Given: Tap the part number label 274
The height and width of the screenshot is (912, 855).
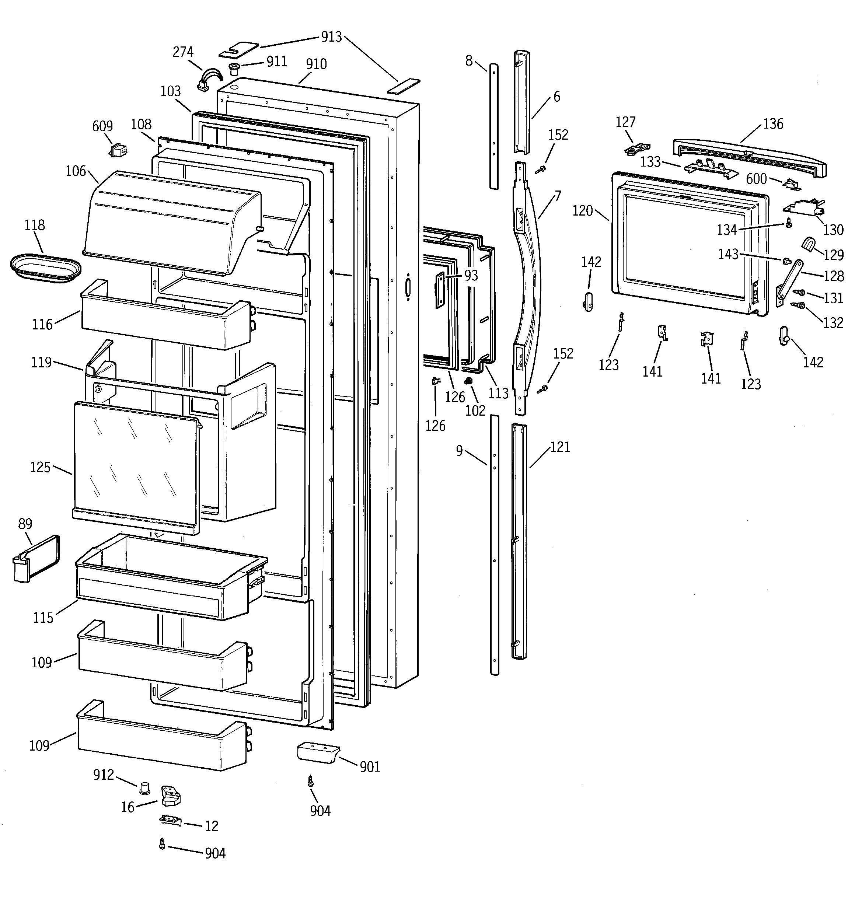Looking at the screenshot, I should click(x=183, y=52).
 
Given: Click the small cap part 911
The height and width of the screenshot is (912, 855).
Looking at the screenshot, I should click(x=234, y=70).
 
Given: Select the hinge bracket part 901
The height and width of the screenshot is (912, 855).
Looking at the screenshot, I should click(x=318, y=754).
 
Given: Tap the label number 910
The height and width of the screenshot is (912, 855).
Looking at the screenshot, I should click(x=316, y=64).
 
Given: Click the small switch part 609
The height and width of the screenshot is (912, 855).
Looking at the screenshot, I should click(x=118, y=150).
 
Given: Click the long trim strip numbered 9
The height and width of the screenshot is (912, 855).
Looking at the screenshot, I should click(x=494, y=546).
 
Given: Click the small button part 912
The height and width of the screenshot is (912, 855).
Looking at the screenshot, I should click(x=145, y=788).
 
